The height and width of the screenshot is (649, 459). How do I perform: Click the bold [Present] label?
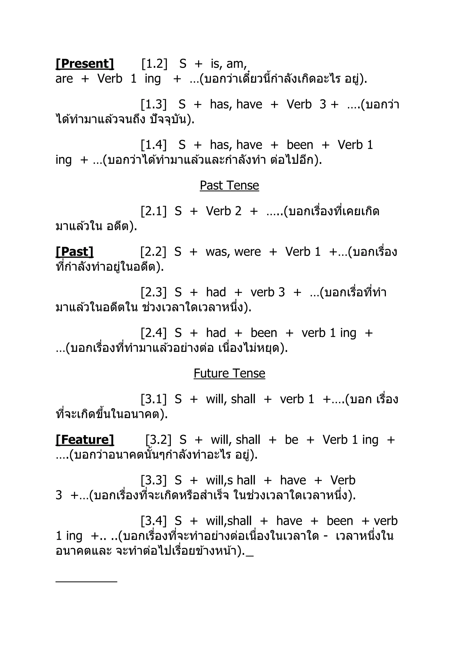click(85, 64)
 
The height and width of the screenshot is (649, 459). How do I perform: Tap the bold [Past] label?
click(75, 252)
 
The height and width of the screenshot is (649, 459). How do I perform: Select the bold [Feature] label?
click(85, 439)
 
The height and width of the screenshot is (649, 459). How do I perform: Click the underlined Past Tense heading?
click(229, 185)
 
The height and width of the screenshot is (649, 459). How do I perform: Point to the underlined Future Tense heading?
click(229, 373)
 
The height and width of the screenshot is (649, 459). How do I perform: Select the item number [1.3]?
click(154, 104)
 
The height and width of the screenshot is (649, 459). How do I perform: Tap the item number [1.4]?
click(154, 145)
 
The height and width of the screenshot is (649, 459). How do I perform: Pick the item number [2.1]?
click(154, 211)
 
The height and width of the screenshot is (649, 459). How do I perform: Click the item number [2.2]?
click(154, 252)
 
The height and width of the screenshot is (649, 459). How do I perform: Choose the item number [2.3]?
click(154, 292)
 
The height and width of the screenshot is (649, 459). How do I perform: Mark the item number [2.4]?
click(154, 333)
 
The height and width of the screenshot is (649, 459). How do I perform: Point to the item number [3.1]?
click(154, 399)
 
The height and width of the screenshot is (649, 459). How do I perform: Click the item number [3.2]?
click(158, 439)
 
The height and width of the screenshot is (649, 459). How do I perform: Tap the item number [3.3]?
click(154, 480)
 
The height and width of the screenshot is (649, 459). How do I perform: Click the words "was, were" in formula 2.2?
click(233, 252)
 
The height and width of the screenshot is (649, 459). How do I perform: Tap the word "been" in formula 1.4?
click(300, 145)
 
